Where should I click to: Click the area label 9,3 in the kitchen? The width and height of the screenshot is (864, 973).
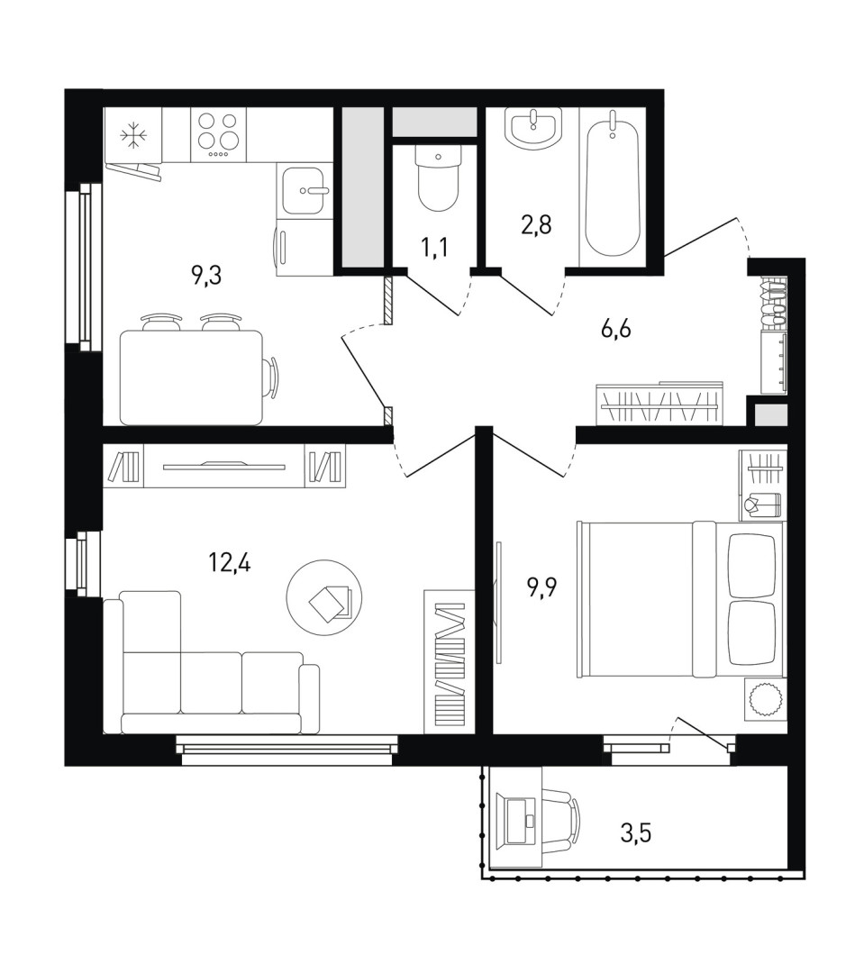(206, 274)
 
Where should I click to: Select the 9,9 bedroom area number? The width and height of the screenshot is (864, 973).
(542, 587)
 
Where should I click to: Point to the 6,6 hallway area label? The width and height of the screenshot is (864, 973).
(615, 328)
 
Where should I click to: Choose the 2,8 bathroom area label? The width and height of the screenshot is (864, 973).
(536, 224)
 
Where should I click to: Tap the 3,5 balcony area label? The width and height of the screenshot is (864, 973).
(636, 832)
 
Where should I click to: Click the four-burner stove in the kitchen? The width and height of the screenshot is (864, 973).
(218, 134)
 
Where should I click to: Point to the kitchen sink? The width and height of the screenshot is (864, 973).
(305, 191)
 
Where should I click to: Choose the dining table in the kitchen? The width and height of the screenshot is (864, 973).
(192, 377)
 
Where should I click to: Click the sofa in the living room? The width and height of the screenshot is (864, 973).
(211, 662)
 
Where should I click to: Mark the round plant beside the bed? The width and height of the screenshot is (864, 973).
(763, 699)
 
